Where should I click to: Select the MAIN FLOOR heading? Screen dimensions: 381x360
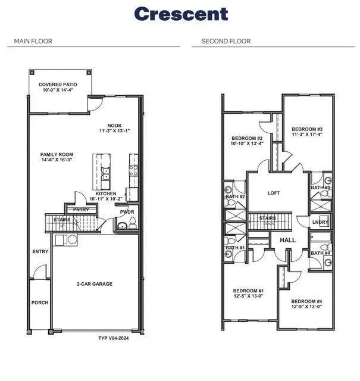[x=33, y=41]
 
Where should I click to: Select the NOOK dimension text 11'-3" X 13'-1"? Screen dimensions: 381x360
[x=114, y=131]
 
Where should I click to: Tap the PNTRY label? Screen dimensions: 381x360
[x=81, y=210]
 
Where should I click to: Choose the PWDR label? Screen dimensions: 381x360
[x=127, y=211]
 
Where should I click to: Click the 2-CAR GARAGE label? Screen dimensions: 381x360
[x=95, y=284]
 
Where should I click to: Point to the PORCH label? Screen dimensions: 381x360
[x=40, y=302]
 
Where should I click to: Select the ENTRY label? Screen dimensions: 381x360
[x=40, y=251]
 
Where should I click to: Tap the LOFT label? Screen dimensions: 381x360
[x=274, y=193]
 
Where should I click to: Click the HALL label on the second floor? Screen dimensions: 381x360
[x=287, y=240]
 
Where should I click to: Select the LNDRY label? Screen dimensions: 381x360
[x=320, y=223]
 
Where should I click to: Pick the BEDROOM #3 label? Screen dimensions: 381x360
[x=306, y=129]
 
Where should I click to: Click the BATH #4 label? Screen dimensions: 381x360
[x=320, y=253]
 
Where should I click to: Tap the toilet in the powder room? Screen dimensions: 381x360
[x=132, y=223]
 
